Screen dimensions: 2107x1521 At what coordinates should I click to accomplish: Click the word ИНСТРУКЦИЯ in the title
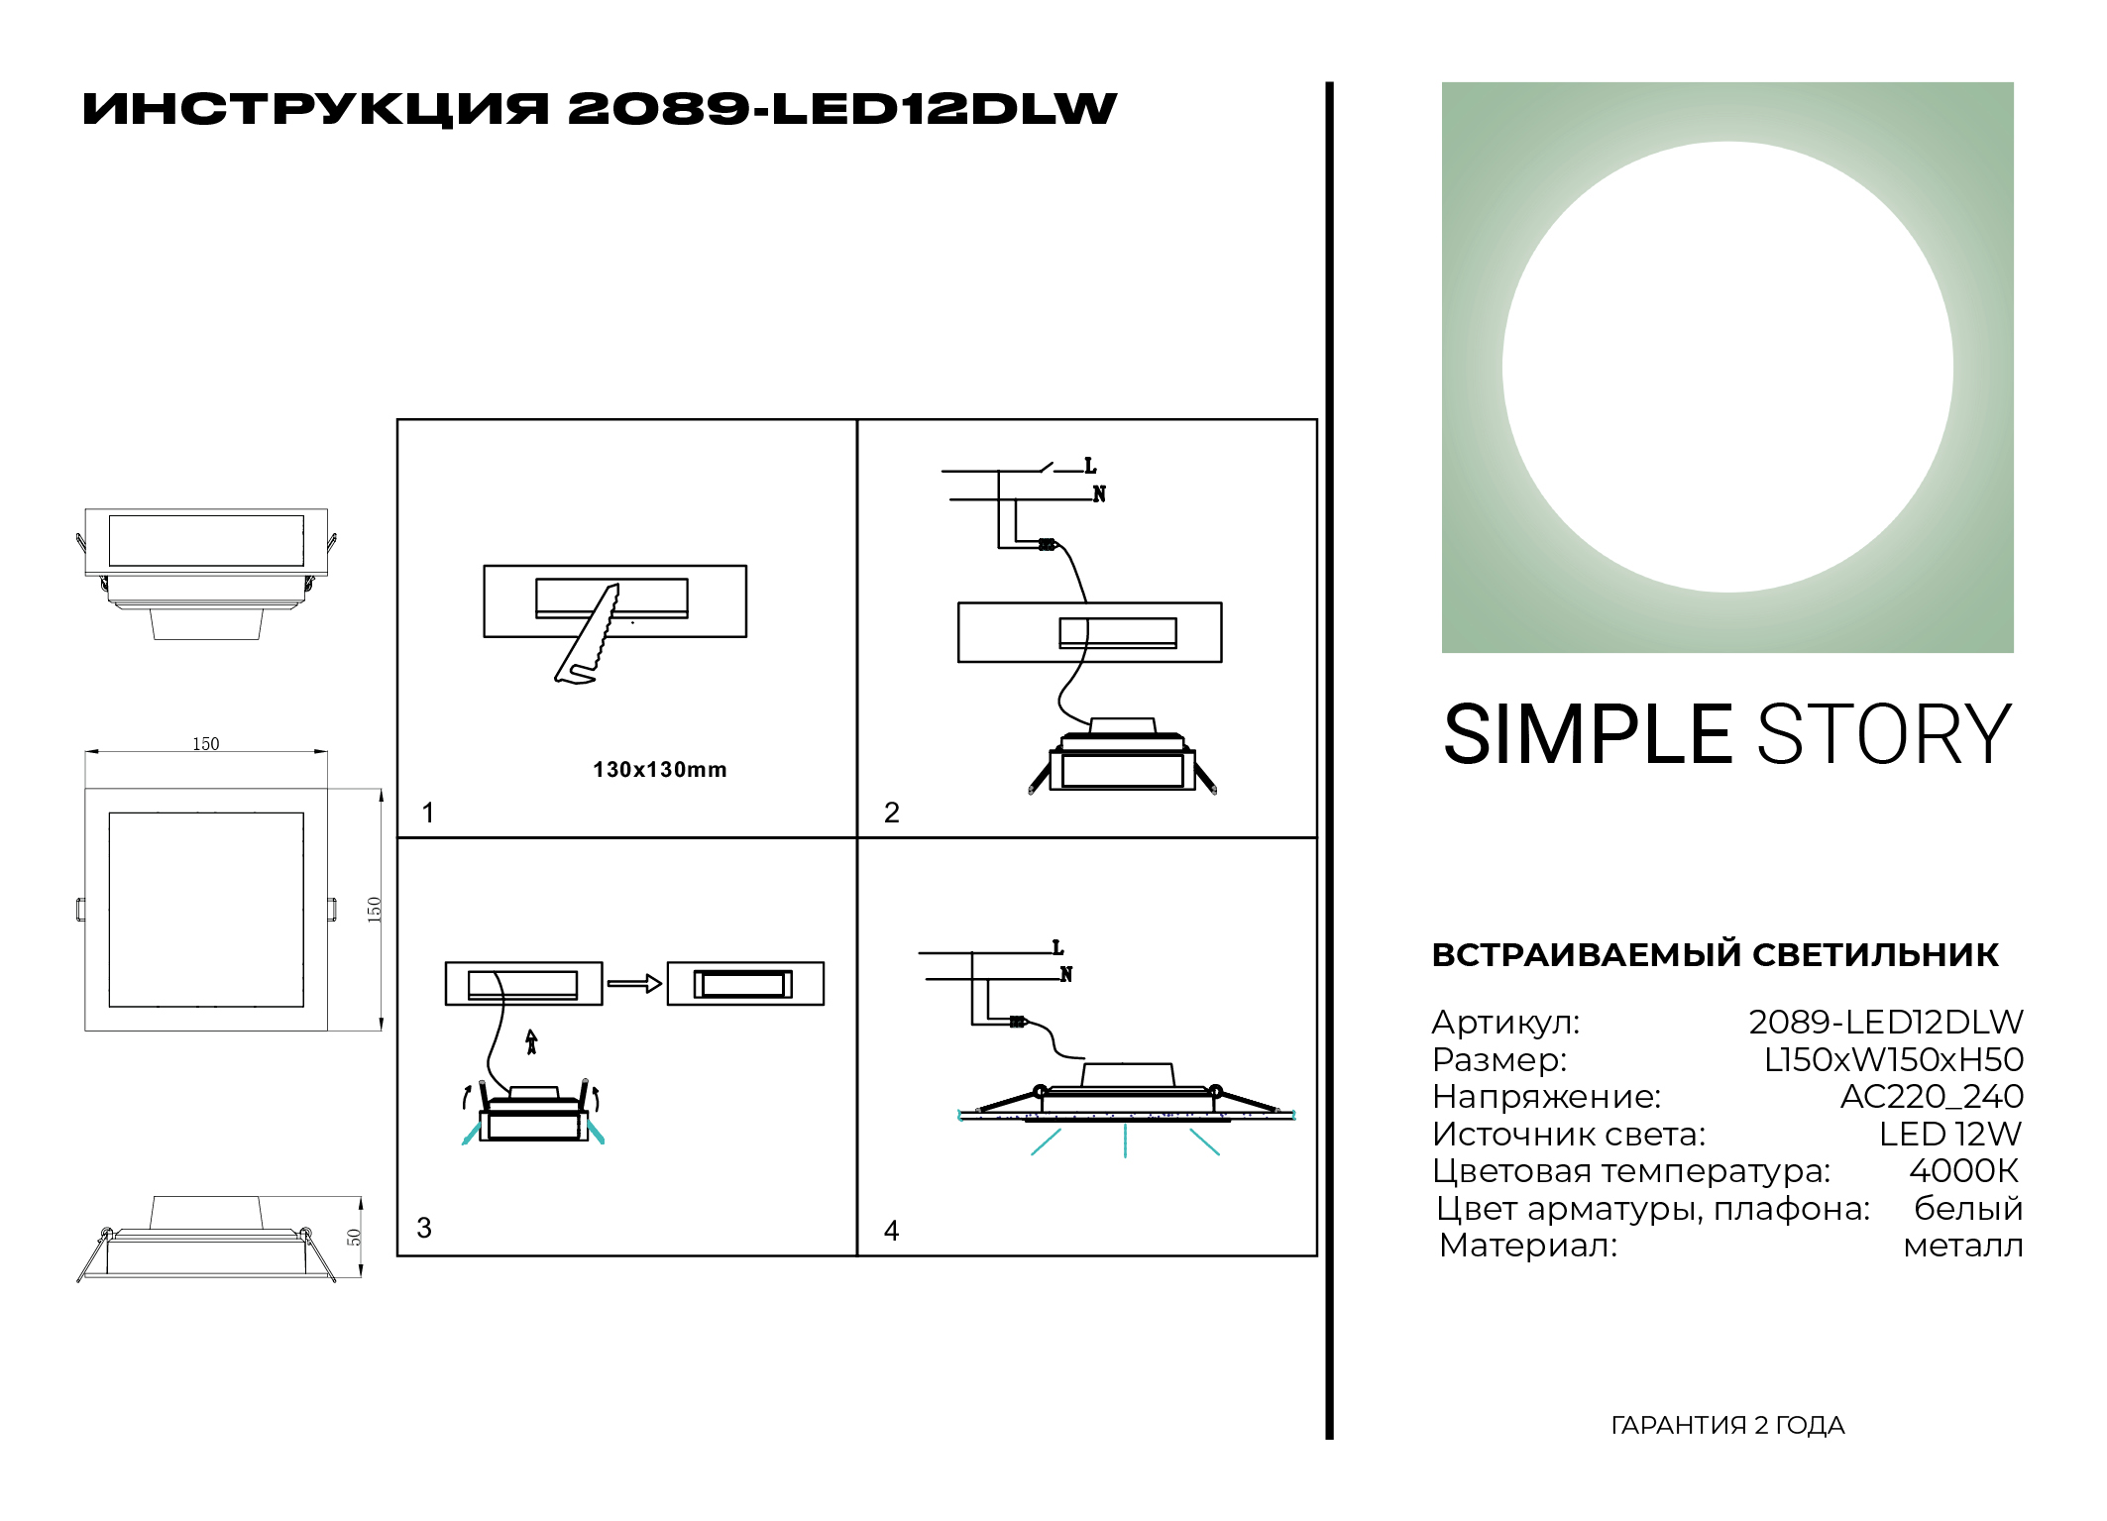[315, 109]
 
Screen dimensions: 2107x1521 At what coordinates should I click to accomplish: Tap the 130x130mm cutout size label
[660, 770]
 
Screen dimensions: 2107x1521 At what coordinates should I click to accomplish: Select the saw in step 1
[588, 633]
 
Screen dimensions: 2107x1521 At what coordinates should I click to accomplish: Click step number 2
[892, 813]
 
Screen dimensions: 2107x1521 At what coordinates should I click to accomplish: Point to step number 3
[424, 1228]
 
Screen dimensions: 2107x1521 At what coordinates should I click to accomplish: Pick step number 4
[892, 1231]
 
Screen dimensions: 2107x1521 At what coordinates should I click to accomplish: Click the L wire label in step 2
[1090, 466]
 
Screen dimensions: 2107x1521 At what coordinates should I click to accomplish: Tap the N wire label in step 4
[1066, 975]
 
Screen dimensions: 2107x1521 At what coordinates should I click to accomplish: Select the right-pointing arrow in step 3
[634, 984]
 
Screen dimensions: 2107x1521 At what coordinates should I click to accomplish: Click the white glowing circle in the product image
[1727, 368]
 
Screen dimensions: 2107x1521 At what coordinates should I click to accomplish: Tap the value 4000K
[1964, 1171]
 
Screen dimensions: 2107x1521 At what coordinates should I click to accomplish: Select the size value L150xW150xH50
[1894, 1060]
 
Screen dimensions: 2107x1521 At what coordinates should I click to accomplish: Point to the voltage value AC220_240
[1932, 1097]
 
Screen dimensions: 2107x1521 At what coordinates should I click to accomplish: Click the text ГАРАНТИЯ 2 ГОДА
[1727, 1426]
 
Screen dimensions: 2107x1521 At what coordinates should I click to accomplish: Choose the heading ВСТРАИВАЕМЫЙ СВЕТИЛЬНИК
[1716, 955]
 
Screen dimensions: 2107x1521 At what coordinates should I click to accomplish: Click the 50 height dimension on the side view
[354, 1238]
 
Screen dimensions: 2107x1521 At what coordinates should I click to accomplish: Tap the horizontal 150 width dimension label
[206, 744]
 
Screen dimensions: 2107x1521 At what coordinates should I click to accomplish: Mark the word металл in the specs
[1963, 1246]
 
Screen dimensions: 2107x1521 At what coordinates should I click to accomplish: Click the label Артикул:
[1506, 1023]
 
